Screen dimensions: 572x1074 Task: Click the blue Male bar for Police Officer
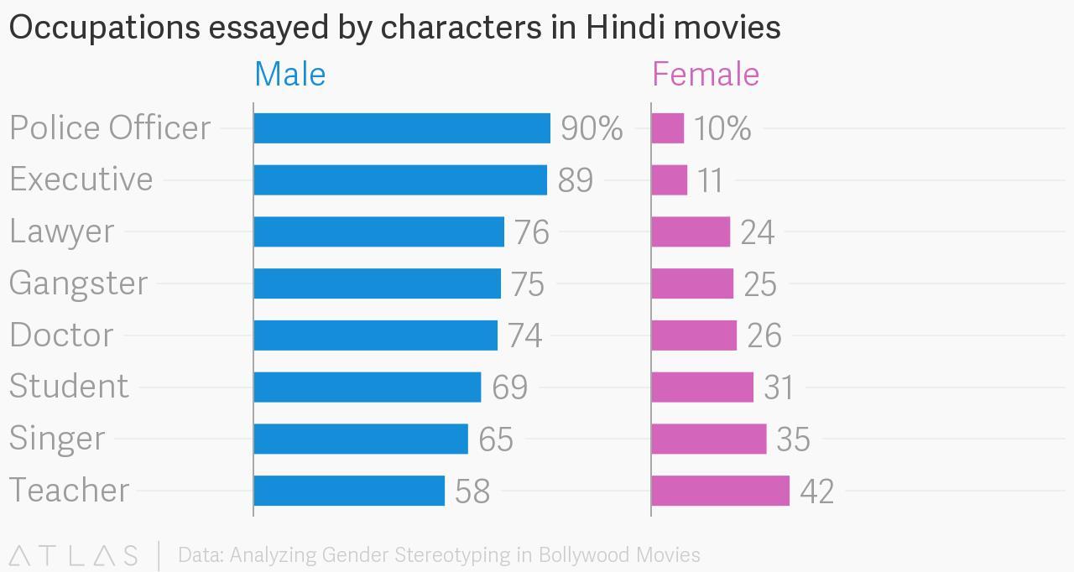coord(402,128)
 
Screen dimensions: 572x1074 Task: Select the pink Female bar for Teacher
coord(720,491)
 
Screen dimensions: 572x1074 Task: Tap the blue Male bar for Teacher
coord(349,491)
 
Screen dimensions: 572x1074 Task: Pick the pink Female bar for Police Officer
coord(668,128)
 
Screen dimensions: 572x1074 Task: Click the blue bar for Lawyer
coord(378,231)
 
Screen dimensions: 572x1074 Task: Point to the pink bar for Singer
coord(709,439)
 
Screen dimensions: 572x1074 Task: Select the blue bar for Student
coord(368,387)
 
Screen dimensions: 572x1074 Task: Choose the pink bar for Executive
coord(670,180)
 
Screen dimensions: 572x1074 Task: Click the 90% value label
coord(592,128)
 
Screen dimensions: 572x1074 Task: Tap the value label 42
coord(816,491)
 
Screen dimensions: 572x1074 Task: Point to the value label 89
coord(576,180)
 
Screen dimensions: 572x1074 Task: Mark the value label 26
coord(764,335)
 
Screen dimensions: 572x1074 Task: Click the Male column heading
coord(289,75)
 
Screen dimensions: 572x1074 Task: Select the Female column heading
coord(706,75)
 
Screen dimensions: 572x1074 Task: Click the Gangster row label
coord(79,283)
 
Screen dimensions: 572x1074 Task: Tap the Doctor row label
coord(61,335)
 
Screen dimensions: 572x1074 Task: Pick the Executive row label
coord(81,179)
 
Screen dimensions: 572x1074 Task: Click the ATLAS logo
coord(73,555)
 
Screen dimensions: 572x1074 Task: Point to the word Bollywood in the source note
coord(585,555)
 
